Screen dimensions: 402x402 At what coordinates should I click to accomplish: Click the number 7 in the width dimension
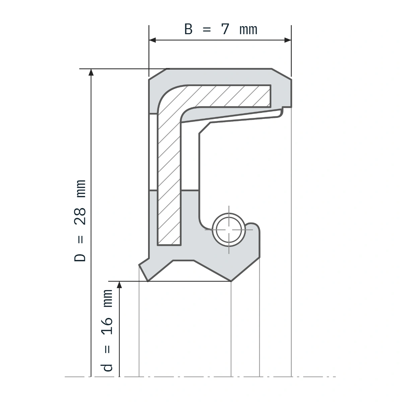coord(225,29)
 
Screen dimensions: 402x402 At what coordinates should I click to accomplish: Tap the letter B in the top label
coord(188,29)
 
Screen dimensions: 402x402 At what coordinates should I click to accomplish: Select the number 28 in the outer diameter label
coord(80,216)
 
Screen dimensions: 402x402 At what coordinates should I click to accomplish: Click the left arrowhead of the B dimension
coord(152,40)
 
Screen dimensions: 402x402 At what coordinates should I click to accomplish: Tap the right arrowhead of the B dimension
coord(288,40)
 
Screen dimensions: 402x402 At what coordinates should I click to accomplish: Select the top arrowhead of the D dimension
coord(91,72)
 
